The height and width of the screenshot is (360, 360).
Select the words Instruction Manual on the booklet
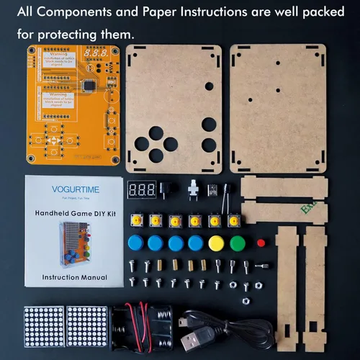click(x=75, y=277)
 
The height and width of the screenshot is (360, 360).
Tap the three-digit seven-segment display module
click(x=142, y=190)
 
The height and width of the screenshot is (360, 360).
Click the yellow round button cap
click(x=215, y=243)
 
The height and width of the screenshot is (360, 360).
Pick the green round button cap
click(x=235, y=243)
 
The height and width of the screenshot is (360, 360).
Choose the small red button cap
click(x=261, y=242)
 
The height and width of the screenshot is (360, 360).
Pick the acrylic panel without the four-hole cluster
click(x=278, y=108)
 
